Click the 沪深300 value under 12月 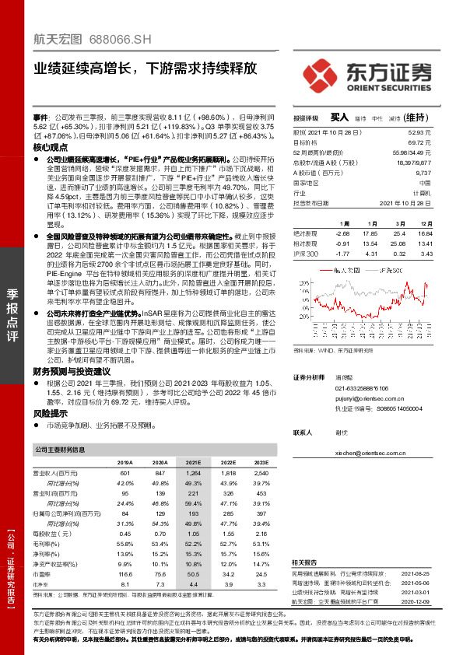click(426, 254)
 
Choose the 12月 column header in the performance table click(426, 222)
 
